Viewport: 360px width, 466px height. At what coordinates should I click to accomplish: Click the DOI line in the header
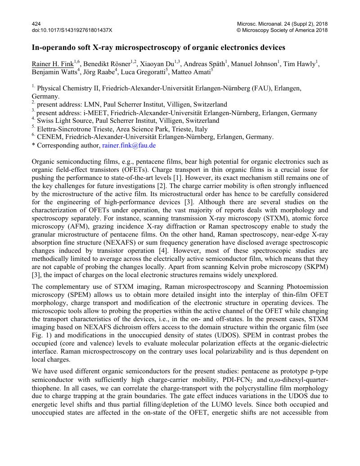(72, 30)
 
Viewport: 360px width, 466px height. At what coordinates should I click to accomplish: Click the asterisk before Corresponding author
(33, 146)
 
